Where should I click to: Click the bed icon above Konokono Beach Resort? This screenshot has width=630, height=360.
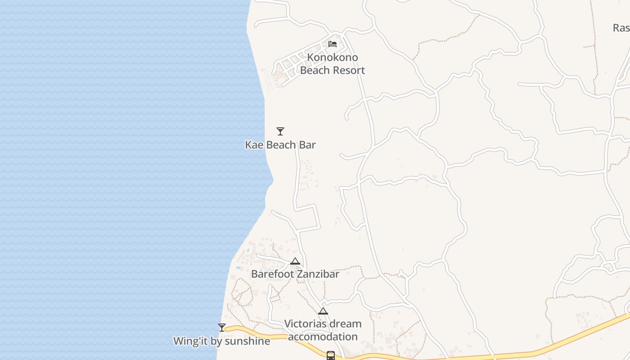coord(333,44)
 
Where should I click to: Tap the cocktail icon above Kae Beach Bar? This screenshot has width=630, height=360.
coord(280,131)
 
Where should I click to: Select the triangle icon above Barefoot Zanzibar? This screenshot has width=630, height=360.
coord(295,261)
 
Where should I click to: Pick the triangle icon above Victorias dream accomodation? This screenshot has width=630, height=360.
coord(323,311)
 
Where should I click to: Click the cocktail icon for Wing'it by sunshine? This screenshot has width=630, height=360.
coord(222,328)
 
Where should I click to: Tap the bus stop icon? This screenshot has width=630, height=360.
coord(331,355)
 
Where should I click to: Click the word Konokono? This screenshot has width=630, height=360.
coord(333,57)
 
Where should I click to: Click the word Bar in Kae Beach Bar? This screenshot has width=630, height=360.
coord(307,145)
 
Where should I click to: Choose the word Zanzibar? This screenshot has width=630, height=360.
coord(318,274)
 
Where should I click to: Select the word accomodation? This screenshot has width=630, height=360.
coord(323,337)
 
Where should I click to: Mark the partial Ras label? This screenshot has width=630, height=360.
coord(621,28)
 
